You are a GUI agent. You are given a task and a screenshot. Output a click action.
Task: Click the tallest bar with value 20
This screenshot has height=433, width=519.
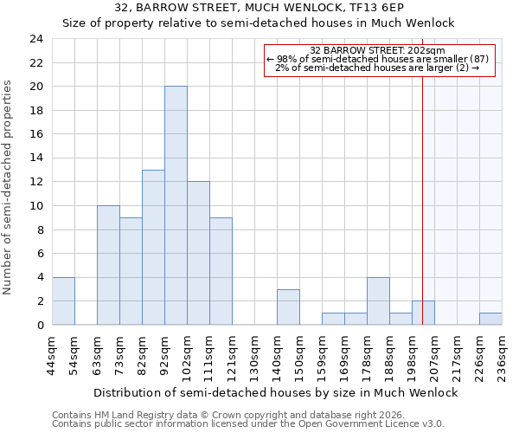(x=176, y=205)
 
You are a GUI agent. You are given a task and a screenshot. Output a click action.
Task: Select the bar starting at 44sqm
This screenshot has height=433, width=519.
(x=63, y=301)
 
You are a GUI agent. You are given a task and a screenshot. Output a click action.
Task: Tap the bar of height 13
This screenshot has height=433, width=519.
(x=153, y=247)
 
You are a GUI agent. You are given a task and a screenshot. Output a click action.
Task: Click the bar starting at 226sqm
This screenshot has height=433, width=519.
(x=490, y=319)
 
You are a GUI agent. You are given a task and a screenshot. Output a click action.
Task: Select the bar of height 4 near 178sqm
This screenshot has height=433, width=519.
(x=378, y=301)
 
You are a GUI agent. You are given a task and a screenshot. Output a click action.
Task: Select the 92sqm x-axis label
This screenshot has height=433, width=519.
(x=164, y=355)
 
